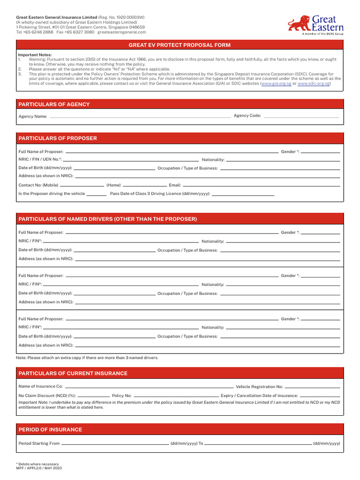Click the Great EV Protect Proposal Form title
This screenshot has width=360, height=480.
coord(180,45)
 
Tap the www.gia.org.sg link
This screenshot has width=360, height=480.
coord(277,83)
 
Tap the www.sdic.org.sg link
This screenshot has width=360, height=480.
coord(314,83)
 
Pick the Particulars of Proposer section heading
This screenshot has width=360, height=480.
coord(58,138)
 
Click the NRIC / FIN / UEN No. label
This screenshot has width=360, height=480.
coord(40,160)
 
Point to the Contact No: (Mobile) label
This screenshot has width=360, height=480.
coord(38,186)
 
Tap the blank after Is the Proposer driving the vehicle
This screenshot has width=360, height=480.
coord(97,194)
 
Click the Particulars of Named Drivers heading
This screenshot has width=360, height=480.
coord(107,219)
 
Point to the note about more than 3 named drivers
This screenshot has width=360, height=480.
coord(87,358)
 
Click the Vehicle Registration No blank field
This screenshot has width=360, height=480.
coord(313,387)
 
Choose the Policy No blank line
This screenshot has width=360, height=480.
coord(176,396)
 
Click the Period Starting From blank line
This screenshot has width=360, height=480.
coord(115,443)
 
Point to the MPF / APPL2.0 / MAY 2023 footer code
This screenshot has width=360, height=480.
coord(39,468)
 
